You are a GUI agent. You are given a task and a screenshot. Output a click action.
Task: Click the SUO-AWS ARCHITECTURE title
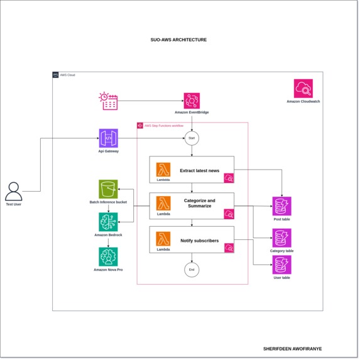pos(178,40)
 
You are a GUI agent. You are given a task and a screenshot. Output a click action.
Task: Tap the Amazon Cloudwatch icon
pos(303,88)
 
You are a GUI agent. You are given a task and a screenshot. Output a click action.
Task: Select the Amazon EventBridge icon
pos(192,101)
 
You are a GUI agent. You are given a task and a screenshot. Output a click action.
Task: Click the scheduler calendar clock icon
pos(109,101)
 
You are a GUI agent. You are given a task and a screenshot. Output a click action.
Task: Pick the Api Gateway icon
pos(108,138)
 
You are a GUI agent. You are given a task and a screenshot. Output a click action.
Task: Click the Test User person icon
pos(13,191)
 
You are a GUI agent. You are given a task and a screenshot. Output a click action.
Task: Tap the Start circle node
pos(192,138)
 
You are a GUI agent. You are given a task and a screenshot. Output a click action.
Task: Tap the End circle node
pos(192,270)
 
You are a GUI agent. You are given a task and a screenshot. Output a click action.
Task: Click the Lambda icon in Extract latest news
pos(163,170)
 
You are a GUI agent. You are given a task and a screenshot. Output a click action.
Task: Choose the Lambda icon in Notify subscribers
pos(163,239)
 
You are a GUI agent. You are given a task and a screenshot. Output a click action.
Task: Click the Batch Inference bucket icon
pos(108,188)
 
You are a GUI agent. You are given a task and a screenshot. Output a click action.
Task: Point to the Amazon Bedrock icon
pos(108,222)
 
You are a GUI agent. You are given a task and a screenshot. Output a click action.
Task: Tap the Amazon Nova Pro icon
pos(108,256)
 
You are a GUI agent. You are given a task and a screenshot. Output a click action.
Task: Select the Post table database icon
pos(281,206)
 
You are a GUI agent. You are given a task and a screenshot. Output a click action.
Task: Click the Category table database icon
pos(281,238)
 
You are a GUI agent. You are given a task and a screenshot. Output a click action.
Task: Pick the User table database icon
pos(281,265)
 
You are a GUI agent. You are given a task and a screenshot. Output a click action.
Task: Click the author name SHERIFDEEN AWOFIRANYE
pos(292,348)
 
